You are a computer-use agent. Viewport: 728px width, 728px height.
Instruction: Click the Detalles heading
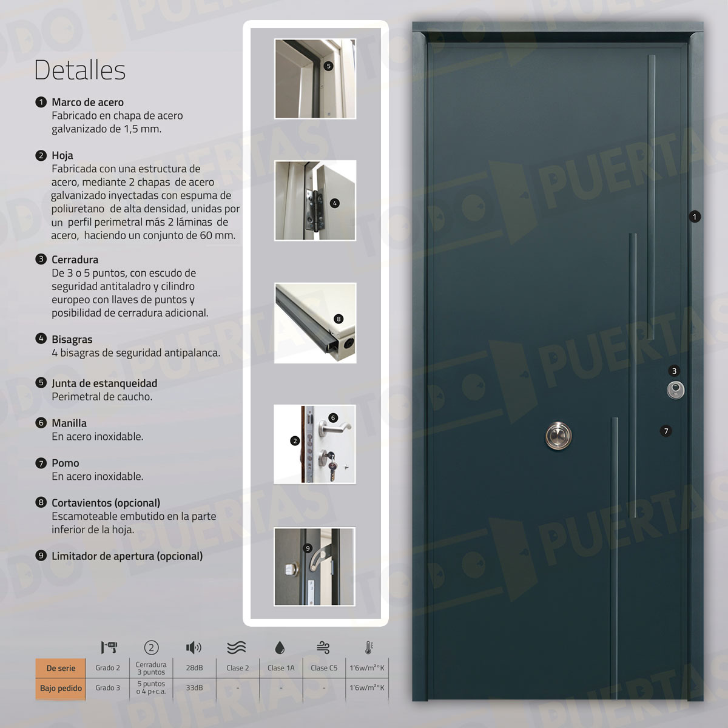79,70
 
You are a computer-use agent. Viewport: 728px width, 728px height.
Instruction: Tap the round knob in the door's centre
558,436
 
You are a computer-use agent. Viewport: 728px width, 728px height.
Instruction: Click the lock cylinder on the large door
675,390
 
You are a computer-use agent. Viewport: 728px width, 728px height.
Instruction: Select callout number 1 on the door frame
695,217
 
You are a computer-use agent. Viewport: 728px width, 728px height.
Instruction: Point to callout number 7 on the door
666,431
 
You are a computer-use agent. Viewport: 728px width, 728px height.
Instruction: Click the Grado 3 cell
107,687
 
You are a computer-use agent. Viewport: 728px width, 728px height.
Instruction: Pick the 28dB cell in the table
194,667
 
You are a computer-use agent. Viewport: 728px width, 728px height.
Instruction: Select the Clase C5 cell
324,667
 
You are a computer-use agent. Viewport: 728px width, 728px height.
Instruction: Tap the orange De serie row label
61,668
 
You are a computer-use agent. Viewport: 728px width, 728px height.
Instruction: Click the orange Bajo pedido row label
61,688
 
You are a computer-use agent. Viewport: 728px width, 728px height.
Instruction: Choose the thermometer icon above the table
369,647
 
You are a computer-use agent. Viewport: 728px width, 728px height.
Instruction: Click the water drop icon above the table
280,647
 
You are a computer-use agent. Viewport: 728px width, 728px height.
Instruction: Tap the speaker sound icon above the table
194,647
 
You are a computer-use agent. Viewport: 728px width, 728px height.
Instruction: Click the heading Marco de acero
87,103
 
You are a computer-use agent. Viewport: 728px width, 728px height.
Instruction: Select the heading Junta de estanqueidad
104,383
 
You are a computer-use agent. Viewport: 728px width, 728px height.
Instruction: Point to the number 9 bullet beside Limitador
41,556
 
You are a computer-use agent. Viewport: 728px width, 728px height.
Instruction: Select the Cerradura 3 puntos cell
151,668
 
